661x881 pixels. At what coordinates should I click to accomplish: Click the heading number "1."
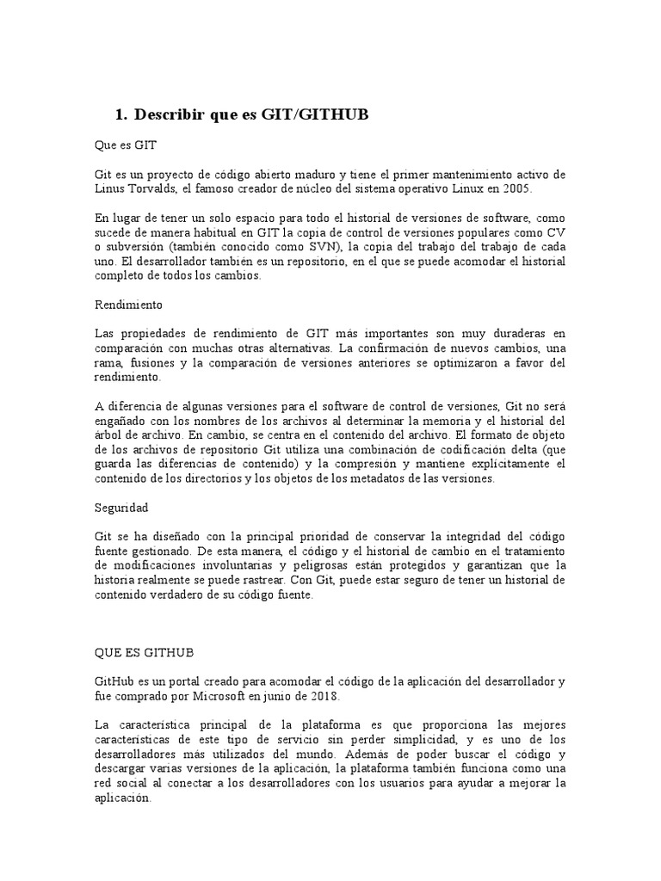(120, 114)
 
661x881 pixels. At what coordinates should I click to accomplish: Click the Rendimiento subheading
(128, 305)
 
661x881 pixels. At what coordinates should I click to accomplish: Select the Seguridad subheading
(122, 508)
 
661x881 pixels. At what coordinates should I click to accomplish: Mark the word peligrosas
(336, 565)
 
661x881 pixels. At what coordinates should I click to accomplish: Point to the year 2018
(323, 697)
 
